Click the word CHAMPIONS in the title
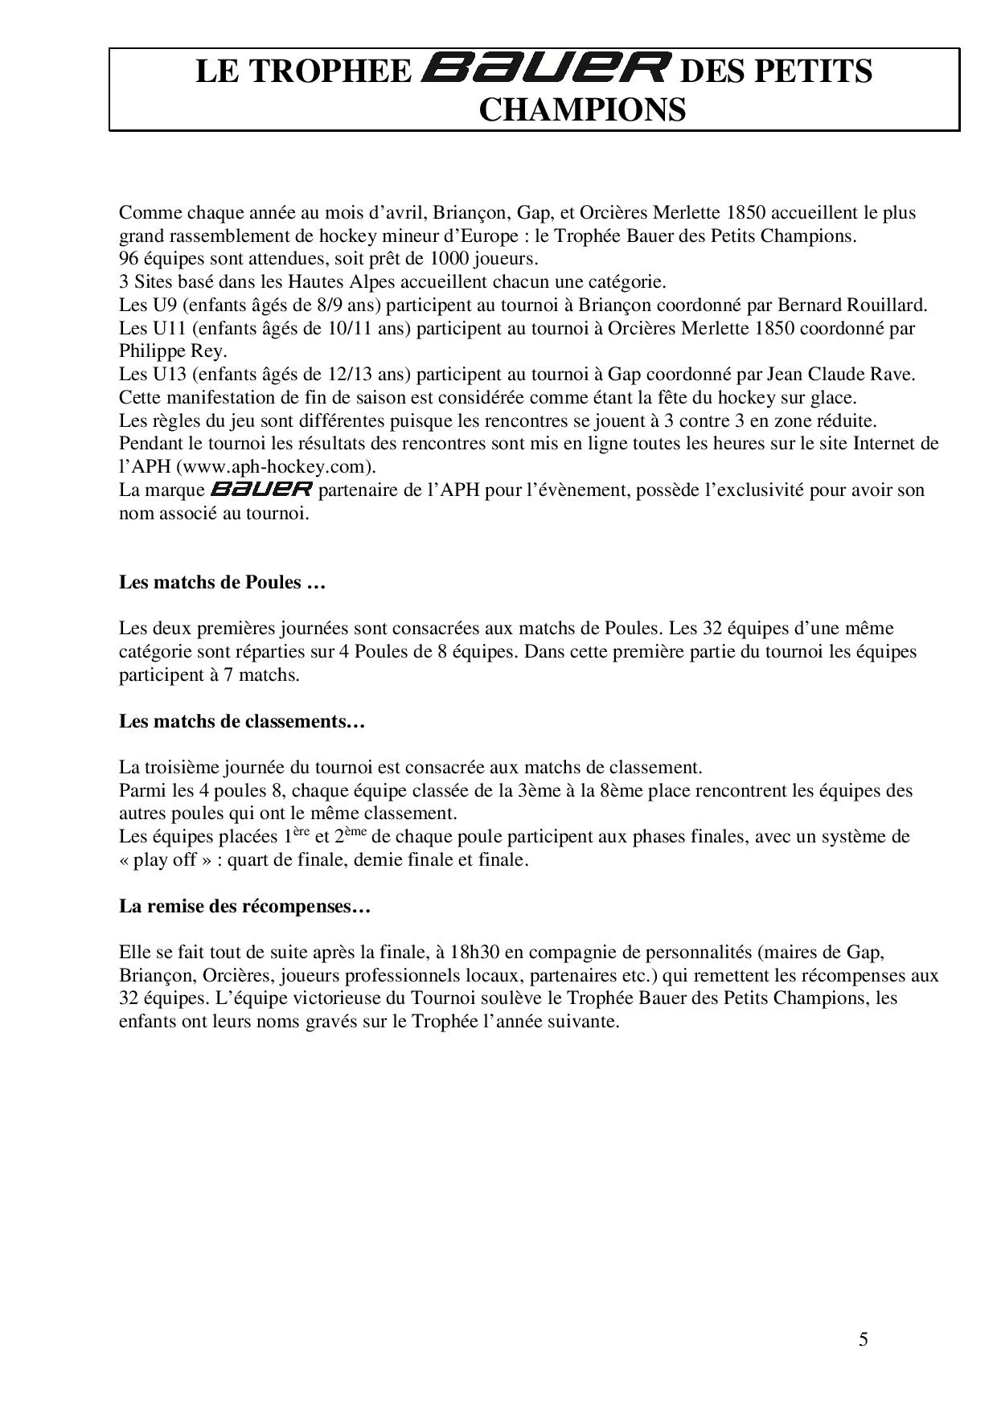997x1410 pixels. [x=582, y=109]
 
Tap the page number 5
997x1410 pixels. [x=864, y=1339]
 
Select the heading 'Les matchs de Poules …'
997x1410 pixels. [x=222, y=582]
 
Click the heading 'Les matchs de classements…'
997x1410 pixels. [x=242, y=721]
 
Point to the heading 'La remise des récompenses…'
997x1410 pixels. [x=244, y=907]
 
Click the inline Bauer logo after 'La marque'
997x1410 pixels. [x=261, y=490]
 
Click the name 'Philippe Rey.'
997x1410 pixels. [x=173, y=351]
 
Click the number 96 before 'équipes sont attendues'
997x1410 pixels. [x=129, y=260]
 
